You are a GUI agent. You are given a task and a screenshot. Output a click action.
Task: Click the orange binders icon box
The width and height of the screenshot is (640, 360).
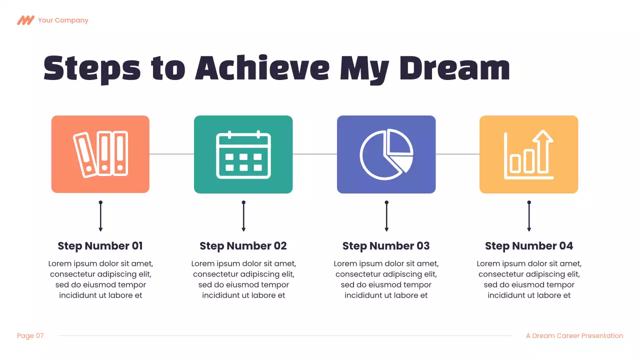[x=100, y=154]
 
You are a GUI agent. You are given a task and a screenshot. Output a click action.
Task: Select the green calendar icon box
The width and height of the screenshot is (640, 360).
[x=243, y=154]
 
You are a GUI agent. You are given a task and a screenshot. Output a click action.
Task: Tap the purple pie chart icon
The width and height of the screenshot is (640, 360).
[x=386, y=154]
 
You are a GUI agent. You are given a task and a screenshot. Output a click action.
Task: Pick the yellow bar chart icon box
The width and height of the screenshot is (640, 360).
[x=528, y=154]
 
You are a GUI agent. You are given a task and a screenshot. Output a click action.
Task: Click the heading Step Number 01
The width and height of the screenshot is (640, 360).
[x=100, y=246]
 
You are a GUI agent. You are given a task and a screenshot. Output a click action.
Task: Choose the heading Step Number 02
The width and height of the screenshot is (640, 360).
[x=243, y=246]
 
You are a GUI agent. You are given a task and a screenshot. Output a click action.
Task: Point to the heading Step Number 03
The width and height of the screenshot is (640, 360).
[x=386, y=246]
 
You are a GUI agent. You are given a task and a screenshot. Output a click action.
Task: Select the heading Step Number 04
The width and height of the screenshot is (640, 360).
[x=528, y=246]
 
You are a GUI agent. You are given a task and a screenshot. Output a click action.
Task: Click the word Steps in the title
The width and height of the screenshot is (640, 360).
[x=92, y=69]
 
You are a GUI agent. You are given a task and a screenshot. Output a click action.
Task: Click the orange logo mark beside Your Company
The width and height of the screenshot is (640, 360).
[x=25, y=20]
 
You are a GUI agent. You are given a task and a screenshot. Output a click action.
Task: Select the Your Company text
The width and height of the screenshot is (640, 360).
[x=63, y=20]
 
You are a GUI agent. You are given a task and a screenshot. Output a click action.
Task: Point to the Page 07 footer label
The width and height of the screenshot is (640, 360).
[x=30, y=336]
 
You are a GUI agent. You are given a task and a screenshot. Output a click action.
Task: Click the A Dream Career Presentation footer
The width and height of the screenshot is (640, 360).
[x=574, y=336]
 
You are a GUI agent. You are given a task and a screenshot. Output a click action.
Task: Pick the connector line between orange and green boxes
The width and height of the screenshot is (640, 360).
[x=171, y=154]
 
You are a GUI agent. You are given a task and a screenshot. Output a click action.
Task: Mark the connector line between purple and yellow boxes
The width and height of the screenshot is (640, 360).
[x=457, y=154]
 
